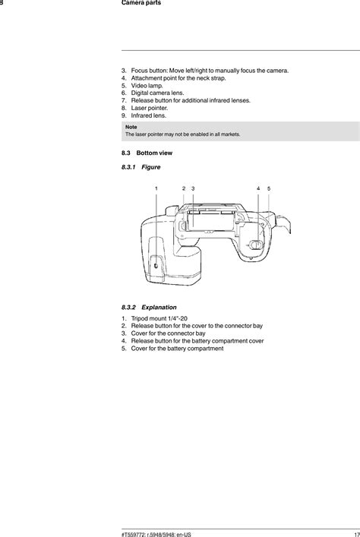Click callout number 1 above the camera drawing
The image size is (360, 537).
point(156,188)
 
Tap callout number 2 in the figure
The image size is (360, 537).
point(184,188)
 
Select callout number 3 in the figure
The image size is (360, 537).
point(193,188)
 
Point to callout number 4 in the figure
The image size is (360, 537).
point(258,188)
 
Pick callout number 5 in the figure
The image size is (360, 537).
point(269,188)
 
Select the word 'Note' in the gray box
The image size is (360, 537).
point(131,127)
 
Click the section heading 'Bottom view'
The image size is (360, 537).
point(154,153)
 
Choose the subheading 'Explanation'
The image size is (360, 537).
point(160,307)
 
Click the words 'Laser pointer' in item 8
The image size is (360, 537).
point(149,108)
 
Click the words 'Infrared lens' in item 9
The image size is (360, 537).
point(148,115)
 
